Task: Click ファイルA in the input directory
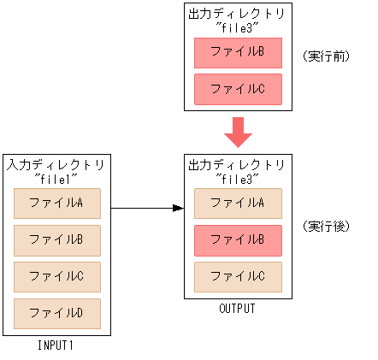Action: [x=57, y=204]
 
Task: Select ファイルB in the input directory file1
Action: [x=57, y=240]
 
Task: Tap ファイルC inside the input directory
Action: [x=57, y=276]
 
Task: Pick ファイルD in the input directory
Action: [x=57, y=313]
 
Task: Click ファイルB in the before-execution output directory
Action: [x=238, y=52]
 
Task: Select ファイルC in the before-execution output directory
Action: [x=238, y=88]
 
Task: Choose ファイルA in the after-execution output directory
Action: [x=238, y=204]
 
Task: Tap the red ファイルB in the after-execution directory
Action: [x=238, y=240]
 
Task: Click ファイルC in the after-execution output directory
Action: [x=238, y=276]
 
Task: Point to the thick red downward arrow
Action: [x=238, y=132]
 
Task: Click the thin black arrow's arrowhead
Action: [x=179, y=208]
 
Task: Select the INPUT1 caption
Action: [x=57, y=345]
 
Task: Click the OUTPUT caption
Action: [x=238, y=309]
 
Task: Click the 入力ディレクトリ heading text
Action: [x=56, y=163]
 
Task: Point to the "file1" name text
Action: [x=56, y=177]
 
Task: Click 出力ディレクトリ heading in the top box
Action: [x=237, y=15]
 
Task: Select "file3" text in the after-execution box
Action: [x=237, y=179]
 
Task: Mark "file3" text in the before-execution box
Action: [x=237, y=28]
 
